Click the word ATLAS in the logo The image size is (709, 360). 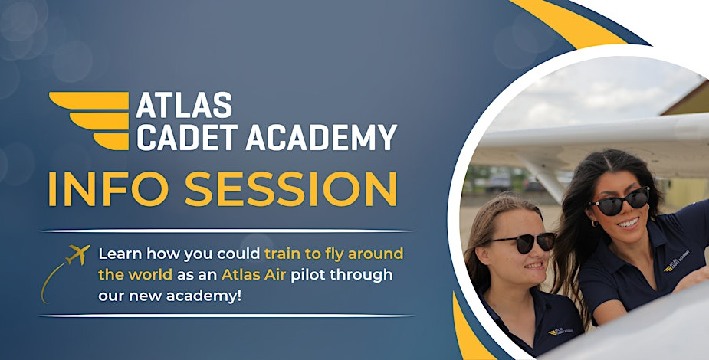click(184, 106)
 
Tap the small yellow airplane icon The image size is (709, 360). click(77, 254)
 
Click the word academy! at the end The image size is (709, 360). click(207, 295)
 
